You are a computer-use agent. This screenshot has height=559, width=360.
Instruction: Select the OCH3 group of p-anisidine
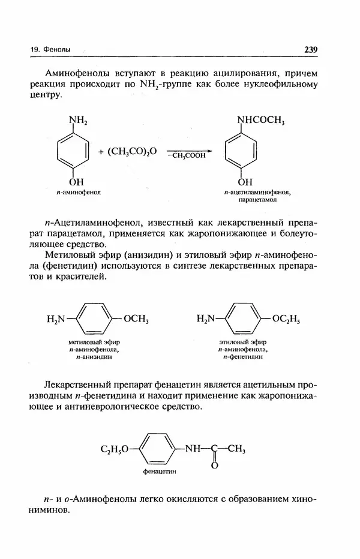[x=136, y=318]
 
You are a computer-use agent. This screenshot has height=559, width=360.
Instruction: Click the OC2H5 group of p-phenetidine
[x=286, y=318]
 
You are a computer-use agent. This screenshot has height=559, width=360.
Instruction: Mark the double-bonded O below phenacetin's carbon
[x=214, y=465]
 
